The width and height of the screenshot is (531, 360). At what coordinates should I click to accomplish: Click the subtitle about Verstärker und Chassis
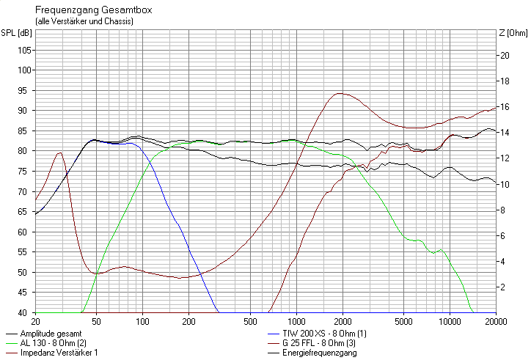tap(84, 22)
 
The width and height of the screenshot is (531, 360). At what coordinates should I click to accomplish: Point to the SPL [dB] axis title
tap(16, 32)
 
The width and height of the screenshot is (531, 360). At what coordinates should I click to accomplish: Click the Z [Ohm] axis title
tap(513, 32)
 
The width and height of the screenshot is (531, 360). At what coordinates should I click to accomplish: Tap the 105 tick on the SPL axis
tap(23, 50)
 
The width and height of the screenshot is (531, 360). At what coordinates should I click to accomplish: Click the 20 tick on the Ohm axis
tap(504, 55)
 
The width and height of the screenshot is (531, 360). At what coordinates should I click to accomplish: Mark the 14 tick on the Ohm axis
tap(504, 133)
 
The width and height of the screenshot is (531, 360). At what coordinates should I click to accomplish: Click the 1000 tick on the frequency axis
tap(297, 321)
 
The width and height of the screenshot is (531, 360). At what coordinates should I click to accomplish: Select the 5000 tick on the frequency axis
tap(403, 321)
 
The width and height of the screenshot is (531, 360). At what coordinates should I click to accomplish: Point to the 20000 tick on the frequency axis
tap(495, 321)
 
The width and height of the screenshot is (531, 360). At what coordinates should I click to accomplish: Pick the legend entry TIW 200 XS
tap(323, 334)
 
